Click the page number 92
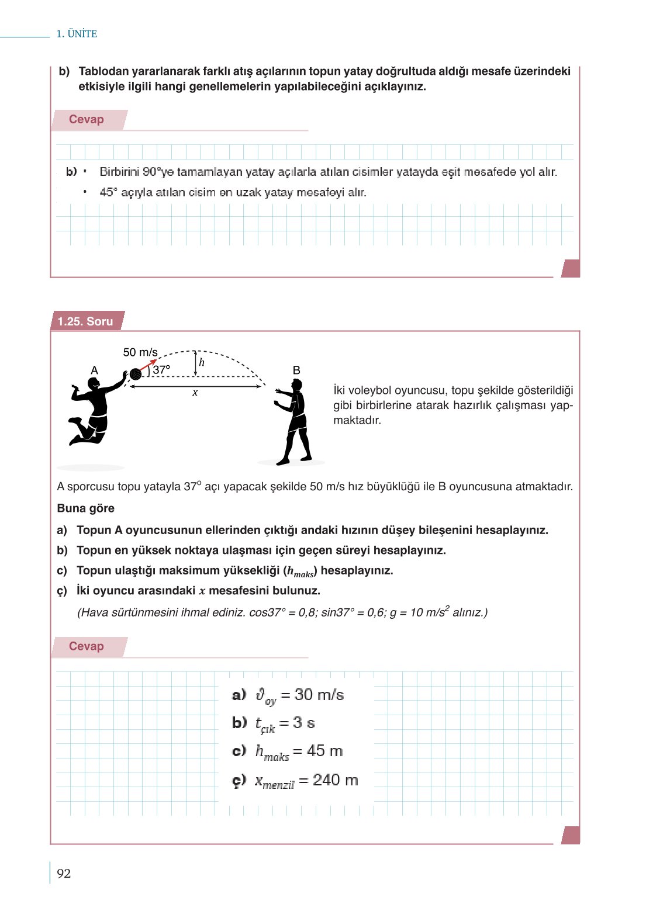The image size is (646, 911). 64,874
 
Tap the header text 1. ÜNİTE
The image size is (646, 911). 77,34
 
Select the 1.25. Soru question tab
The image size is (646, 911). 85,321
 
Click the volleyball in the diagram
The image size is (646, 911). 136,374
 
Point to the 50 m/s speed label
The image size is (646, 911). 140,352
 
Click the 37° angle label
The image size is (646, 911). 161,370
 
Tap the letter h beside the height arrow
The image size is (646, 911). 202,362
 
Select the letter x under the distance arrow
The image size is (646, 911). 195,393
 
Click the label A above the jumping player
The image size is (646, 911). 95,370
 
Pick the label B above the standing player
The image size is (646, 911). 296,370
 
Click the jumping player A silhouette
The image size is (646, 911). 94,412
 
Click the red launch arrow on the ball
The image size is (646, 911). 148,365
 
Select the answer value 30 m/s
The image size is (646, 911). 319,695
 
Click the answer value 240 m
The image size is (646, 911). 335,780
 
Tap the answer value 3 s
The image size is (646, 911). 303,723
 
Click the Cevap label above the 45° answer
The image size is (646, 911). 87,120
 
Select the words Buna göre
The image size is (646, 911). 86,508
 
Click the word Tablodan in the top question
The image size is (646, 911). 103,71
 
